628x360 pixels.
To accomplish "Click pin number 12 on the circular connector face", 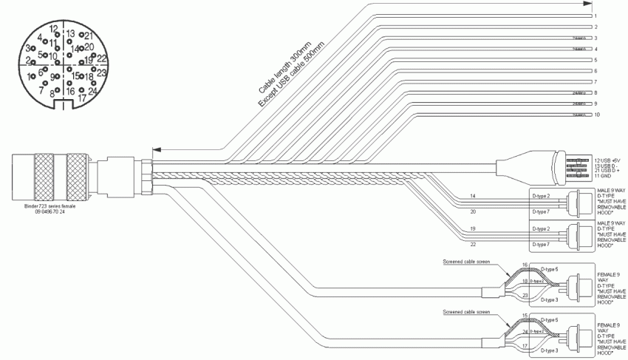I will [53, 29].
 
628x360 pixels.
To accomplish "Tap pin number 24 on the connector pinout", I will [93, 91].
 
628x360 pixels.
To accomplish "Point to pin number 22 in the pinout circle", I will [102, 58].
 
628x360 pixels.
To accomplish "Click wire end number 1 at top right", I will [595, 16].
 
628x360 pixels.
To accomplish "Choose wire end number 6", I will [595, 71].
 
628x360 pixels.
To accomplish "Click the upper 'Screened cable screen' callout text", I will [465, 261].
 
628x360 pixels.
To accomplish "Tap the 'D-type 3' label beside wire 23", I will [550, 300].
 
